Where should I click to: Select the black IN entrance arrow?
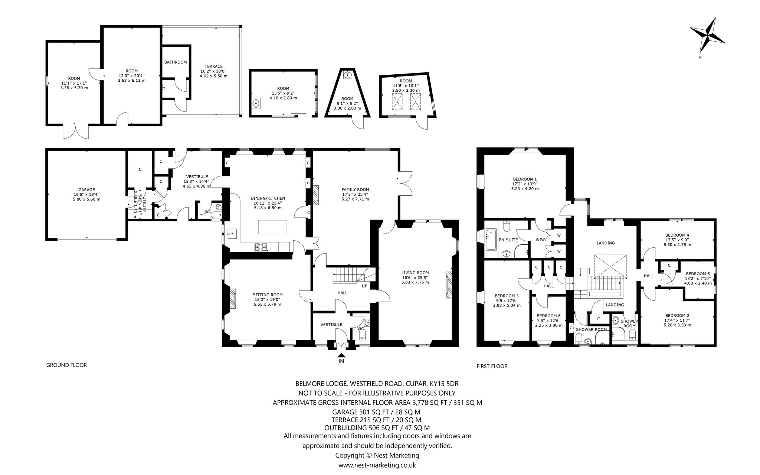341,355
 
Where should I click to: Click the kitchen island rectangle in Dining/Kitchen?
273,227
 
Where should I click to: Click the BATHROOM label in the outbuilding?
176,62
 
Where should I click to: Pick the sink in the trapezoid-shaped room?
348,76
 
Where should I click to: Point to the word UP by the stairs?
365,286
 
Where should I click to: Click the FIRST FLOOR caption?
492,366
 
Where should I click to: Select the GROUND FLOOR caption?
66,365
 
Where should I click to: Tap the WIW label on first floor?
540,240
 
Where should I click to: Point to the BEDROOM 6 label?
548,316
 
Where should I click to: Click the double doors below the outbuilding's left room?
76,131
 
